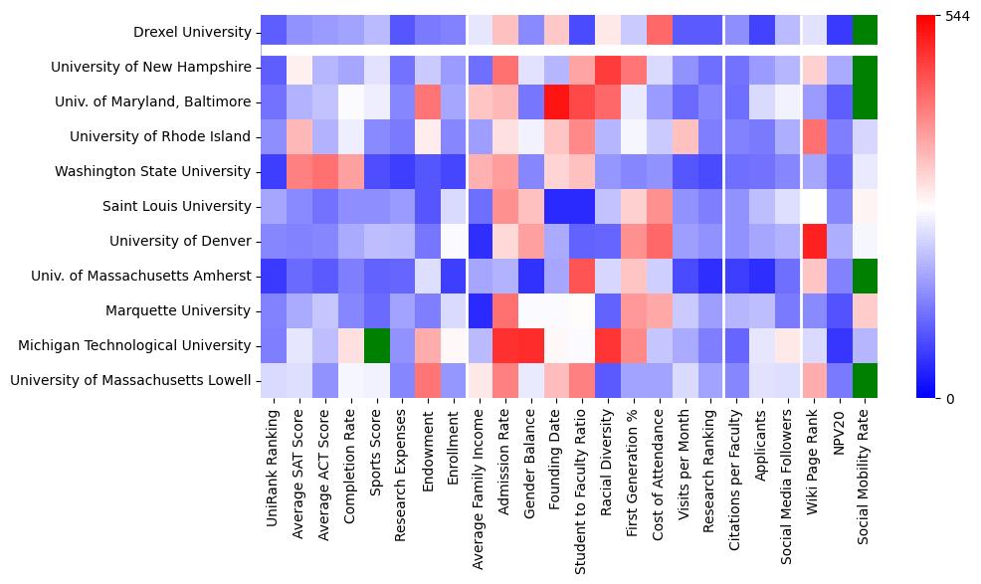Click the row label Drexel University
point(191,33)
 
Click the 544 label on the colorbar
point(956,17)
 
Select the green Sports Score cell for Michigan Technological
point(377,345)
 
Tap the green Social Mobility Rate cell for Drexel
point(866,32)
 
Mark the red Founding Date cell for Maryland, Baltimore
point(558,101)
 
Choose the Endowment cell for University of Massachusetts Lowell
point(429,380)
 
